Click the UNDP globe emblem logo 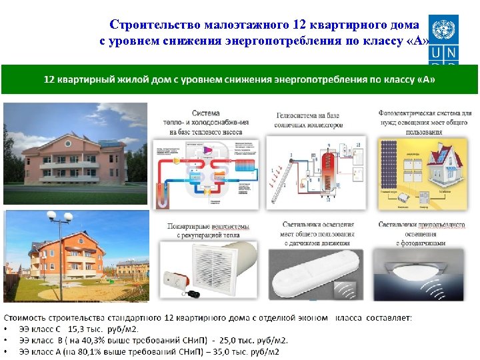coord(443,29)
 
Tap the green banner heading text coord(239,79)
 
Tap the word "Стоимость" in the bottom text coord(27,318)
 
